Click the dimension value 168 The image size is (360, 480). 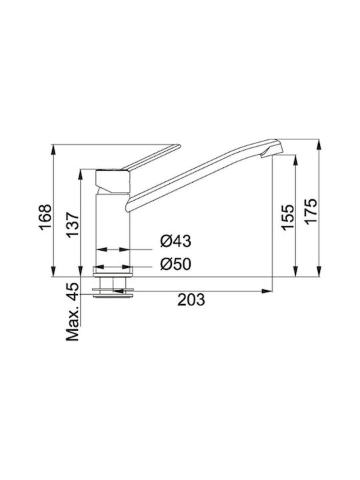tap(45, 217)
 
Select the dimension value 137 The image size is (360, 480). tap(73, 225)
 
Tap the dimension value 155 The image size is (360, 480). tap(287, 217)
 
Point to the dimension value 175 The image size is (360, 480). tap(311, 212)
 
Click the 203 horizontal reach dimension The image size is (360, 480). tap(191, 300)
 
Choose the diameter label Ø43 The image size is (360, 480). tap(176, 241)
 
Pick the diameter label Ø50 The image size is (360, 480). tap(176, 264)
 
